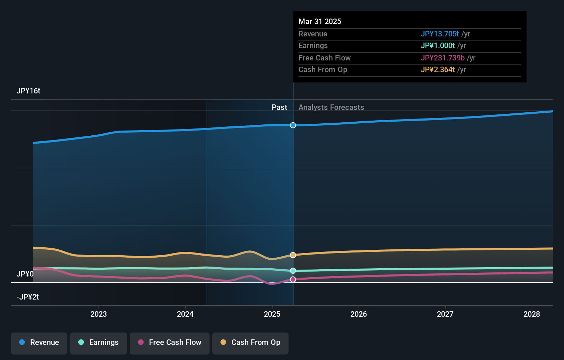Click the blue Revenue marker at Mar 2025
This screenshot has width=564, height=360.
point(293,125)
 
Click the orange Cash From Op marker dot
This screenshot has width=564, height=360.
point(293,255)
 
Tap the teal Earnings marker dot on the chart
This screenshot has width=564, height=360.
point(293,271)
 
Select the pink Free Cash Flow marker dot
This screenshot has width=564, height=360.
point(293,280)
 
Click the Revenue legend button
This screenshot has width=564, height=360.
point(39,342)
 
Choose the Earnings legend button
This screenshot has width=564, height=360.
point(99,342)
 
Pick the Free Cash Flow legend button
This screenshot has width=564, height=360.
point(170,342)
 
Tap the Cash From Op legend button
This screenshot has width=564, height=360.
point(250,342)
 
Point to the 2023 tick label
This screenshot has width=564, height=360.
point(99,314)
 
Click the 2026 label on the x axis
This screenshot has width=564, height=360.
point(359,314)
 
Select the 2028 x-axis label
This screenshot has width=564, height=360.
point(532,314)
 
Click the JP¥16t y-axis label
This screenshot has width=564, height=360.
point(29,91)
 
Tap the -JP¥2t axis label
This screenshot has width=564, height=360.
point(28,297)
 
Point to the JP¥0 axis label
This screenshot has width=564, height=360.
point(25,274)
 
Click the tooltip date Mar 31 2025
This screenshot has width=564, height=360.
point(320,21)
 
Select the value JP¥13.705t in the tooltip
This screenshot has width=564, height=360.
point(440,34)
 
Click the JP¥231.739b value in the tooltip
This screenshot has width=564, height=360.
point(442,58)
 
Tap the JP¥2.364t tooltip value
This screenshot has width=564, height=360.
point(438,69)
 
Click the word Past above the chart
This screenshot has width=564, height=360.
point(279,107)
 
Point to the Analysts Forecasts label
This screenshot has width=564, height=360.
point(331,107)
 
